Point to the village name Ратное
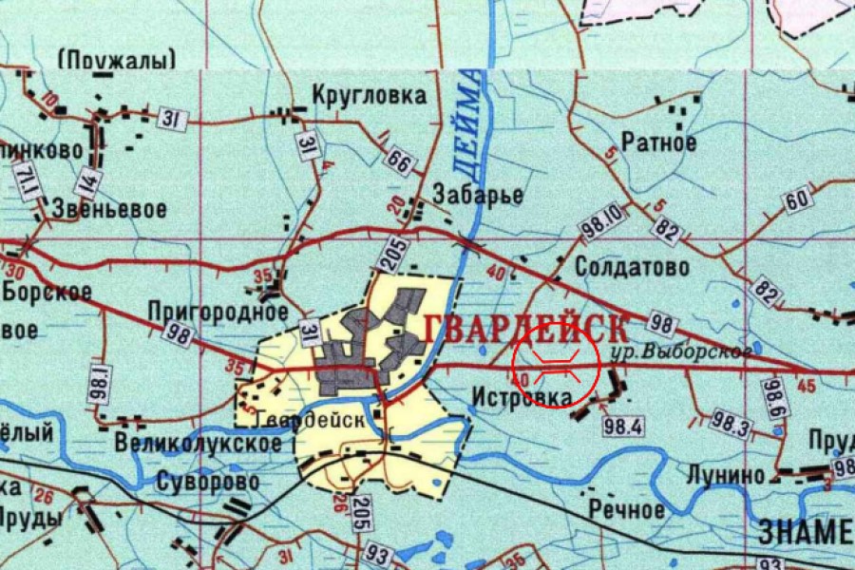point(658,143)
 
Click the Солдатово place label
point(632,268)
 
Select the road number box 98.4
point(623,426)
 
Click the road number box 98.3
point(730,425)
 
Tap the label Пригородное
point(218,311)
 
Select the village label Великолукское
point(198,443)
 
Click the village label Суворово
point(209,482)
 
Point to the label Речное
point(626,509)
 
